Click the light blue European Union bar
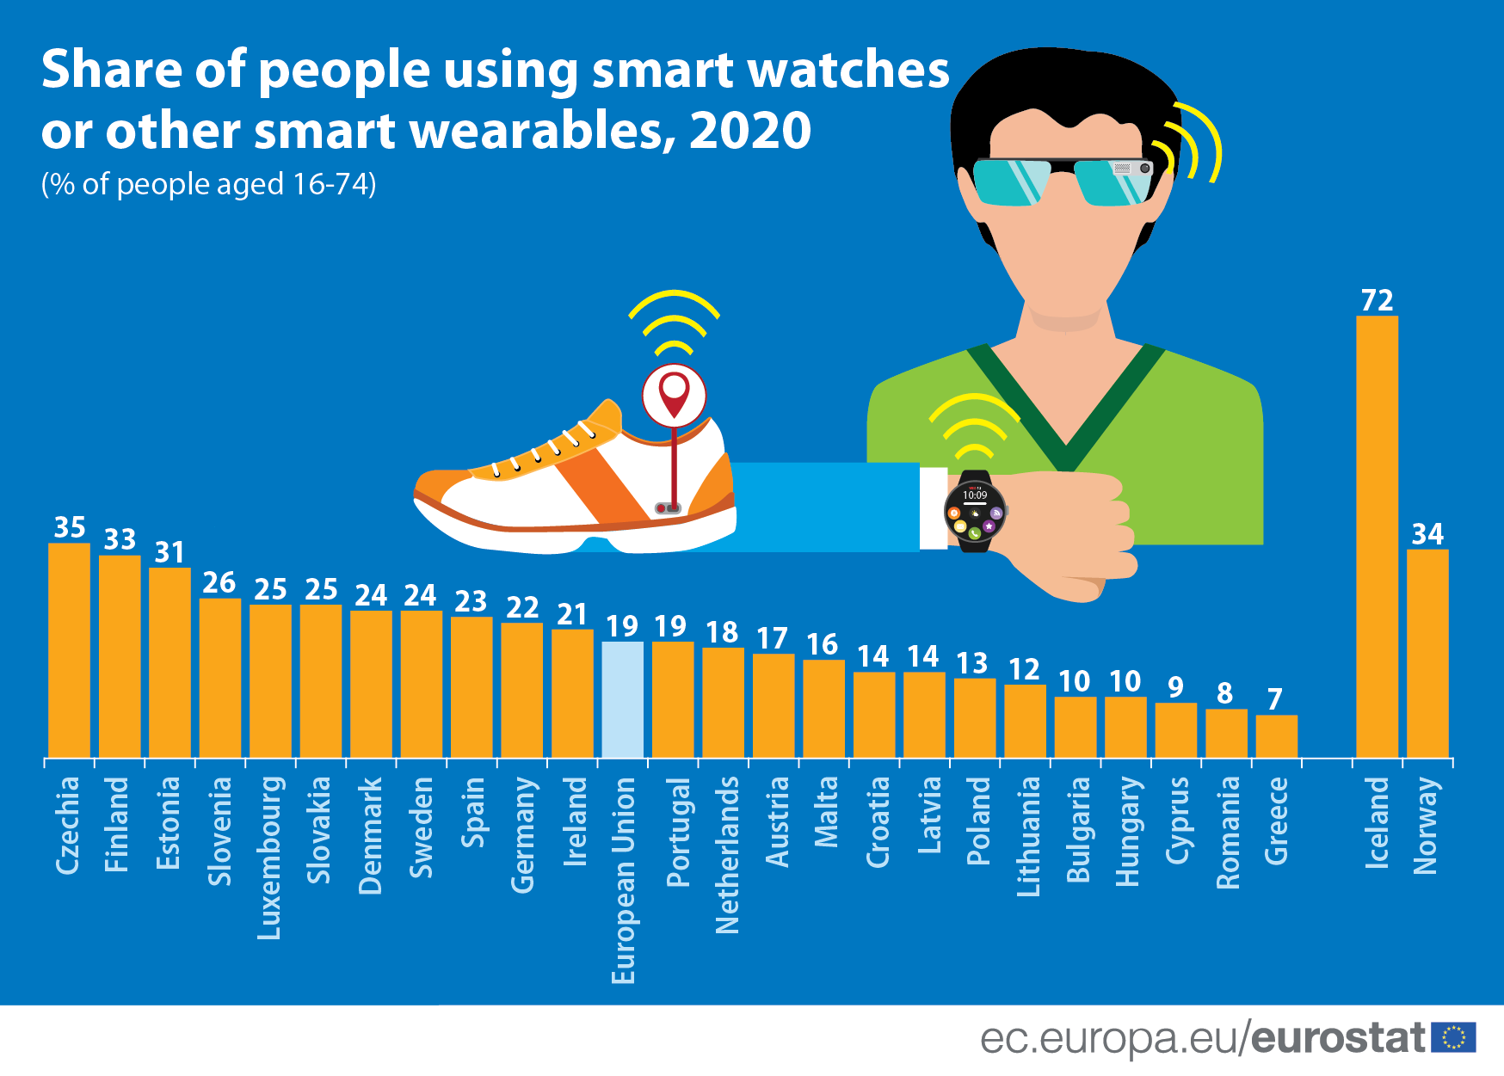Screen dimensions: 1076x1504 [622, 699]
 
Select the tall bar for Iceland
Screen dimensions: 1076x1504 [1377, 537]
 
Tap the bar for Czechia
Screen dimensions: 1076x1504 [69, 650]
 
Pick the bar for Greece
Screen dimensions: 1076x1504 [1276, 736]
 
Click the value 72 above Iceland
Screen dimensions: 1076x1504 [1377, 300]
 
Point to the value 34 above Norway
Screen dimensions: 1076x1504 [1427, 534]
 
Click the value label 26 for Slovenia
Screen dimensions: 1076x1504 [219, 583]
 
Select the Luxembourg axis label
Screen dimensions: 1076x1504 [269, 858]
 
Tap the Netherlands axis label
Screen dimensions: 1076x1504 [727, 855]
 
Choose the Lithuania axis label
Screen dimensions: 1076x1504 [1028, 837]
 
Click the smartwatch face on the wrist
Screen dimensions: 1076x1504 [975, 512]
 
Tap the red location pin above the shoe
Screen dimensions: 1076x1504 [674, 394]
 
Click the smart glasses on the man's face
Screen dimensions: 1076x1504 [1063, 181]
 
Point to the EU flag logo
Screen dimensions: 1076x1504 [1453, 1037]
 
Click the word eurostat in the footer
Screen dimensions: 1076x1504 [1338, 1037]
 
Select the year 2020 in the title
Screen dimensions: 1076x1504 [750, 131]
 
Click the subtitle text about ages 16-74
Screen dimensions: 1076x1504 [208, 184]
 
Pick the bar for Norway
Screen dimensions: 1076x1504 [1427, 654]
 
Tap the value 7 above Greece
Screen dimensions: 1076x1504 [1275, 699]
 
